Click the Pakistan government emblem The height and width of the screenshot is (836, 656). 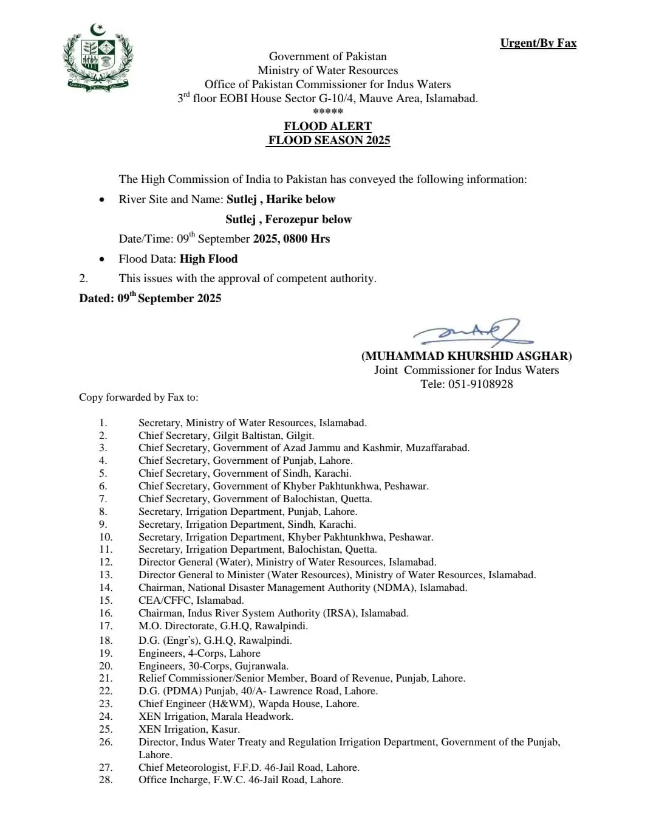coord(97,58)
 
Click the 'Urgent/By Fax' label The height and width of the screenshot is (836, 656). coord(538,43)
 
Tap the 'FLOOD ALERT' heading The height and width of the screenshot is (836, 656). coord(327,126)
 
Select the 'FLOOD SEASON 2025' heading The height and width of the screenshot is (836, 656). coord(329,140)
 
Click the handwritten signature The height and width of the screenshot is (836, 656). coord(468,332)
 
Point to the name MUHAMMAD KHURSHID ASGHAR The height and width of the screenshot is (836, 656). coord(466,356)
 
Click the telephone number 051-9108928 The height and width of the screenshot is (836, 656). coord(480,384)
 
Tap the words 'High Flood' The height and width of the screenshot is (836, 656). coord(208,258)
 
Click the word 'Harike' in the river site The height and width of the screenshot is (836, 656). coord(284,199)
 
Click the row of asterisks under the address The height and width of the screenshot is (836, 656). coord(327,111)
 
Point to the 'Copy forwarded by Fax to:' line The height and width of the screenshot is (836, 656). coord(138,397)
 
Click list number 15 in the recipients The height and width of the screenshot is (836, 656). coord(106,600)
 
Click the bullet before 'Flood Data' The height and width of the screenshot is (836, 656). coord(101,259)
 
